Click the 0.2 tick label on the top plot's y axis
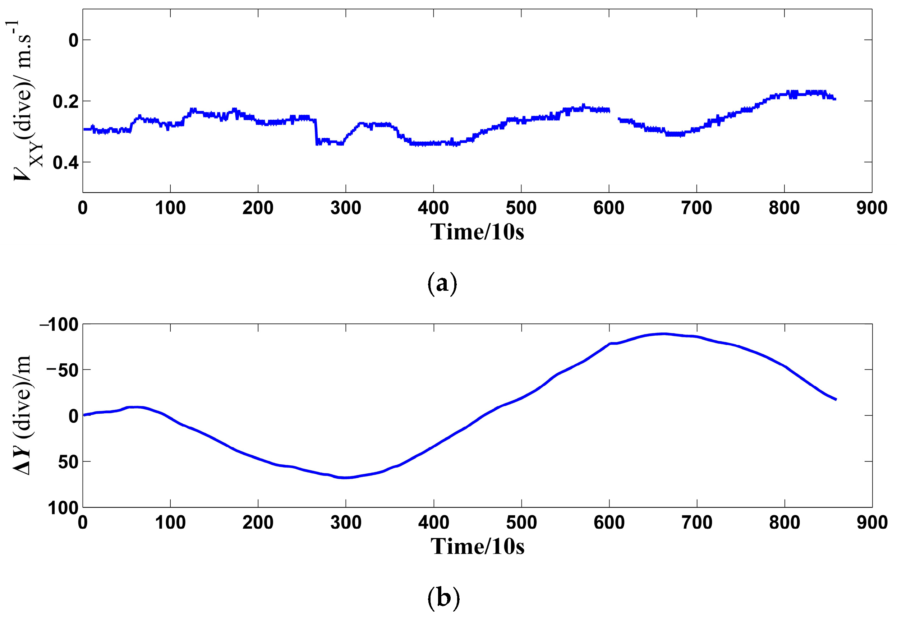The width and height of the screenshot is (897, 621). click(65, 102)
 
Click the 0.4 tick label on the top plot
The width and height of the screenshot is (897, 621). click(65, 163)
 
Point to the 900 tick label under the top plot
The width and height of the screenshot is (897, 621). click(871, 208)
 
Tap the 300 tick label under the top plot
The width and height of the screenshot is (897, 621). click(345, 208)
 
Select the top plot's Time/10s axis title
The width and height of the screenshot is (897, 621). click(477, 232)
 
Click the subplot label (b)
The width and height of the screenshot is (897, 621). click(443, 597)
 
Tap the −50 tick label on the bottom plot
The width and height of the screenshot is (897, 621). click(62, 370)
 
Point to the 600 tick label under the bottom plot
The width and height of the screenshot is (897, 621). click(609, 523)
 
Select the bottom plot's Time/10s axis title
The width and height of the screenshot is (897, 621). click(477, 546)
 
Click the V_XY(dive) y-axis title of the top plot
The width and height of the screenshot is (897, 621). click(23, 101)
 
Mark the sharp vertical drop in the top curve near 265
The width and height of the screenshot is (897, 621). click(316, 132)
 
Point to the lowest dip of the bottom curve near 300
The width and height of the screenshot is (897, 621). click(345, 477)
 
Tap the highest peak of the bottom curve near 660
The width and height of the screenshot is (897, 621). click(664, 334)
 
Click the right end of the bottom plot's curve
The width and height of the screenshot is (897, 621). click(836, 399)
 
